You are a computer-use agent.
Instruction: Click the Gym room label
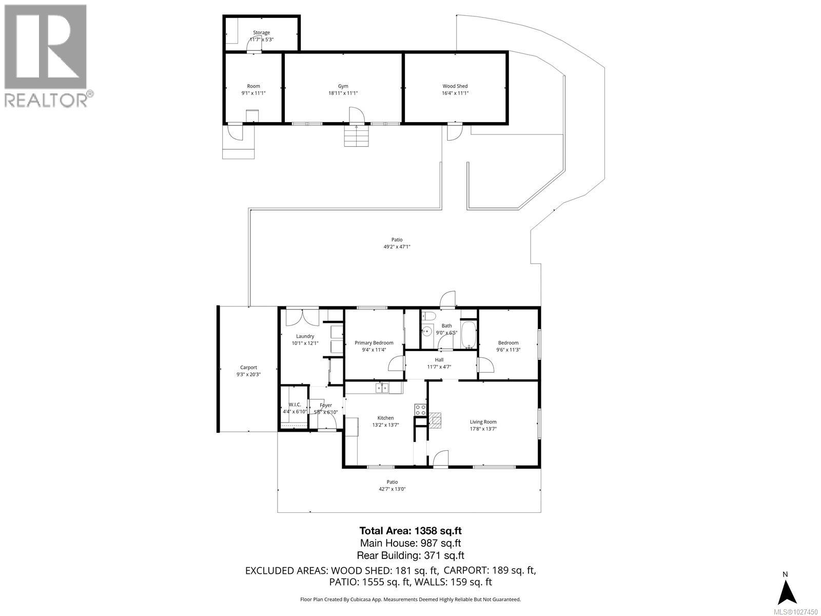point(343,86)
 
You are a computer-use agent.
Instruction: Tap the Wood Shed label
point(455,86)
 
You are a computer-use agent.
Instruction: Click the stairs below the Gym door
point(356,136)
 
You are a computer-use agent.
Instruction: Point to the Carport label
point(248,368)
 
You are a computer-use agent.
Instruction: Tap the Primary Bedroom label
point(374,343)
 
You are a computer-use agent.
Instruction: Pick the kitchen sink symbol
point(382,388)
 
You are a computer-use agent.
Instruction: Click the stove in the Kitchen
point(421,410)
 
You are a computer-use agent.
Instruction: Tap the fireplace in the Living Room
point(435,420)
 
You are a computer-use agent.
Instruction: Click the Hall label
point(439,360)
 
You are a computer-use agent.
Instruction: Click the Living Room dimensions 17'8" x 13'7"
point(483,429)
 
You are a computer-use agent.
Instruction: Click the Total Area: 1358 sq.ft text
point(406,531)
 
